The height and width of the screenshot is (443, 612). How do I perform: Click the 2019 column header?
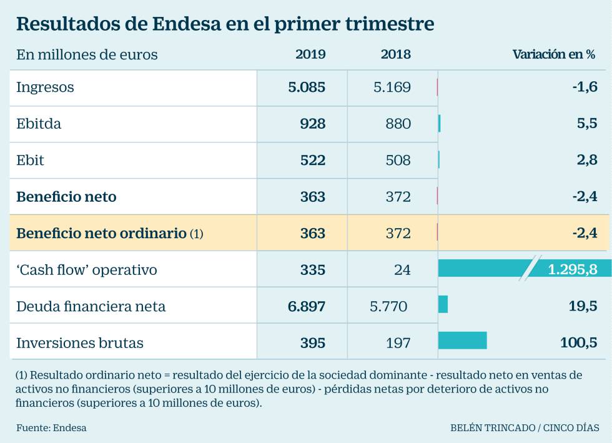pos(310,54)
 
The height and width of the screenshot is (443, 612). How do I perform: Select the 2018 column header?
pos(396,54)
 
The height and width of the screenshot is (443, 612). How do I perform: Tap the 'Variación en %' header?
pos(554,54)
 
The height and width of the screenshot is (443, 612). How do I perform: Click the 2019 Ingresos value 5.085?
pos(307,87)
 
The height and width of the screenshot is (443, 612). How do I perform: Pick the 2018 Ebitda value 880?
pos(398,124)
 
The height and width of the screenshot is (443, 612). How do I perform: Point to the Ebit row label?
pos(30,160)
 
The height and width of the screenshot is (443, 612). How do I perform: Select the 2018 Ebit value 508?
pos(398,160)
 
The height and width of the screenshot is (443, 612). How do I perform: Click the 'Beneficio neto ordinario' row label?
pos(101,233)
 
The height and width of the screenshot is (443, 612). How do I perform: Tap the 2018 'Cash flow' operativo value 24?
pos(402,269)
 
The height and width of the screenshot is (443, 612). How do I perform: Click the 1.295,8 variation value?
pos(573,269)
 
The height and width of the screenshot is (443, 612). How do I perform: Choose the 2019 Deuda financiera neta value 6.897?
pos(307,306)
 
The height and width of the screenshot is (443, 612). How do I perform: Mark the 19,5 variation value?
pos(583,306)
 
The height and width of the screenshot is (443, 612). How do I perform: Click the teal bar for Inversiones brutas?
pos(463,341)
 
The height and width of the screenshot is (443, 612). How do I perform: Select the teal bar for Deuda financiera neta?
pos(443,304)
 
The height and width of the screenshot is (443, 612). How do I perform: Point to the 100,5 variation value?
pos(578,342)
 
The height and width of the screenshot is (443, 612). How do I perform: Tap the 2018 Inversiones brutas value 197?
pos(398,343)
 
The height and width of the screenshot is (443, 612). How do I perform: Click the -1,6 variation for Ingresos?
pos(585,86)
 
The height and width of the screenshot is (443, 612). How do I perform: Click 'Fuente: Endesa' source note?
pos(51,428)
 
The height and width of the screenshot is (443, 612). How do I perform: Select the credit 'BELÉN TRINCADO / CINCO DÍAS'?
pos(525,428)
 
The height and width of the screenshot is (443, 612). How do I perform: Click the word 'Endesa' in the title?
pos(187,24)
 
